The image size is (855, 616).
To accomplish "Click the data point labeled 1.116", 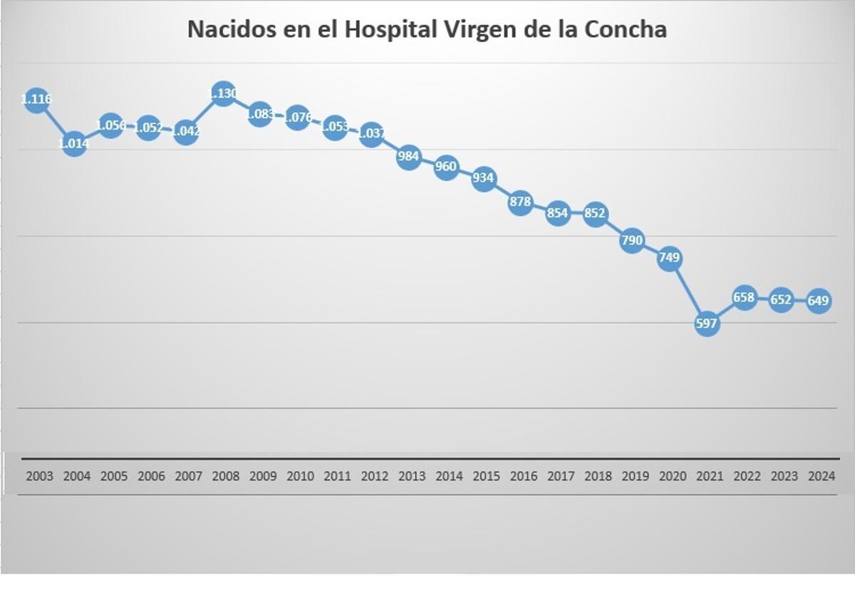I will [x=36, y=100].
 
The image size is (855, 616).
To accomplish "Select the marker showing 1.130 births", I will [x=223, y=93].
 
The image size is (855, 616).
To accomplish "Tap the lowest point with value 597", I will [x=707, y=324].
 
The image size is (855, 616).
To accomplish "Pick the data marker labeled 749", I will [x=670, y=258].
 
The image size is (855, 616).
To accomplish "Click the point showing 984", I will [x=409, y=156].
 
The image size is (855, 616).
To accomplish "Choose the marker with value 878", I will [x=521, y=202].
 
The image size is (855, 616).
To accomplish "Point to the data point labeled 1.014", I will [x=74, y=144].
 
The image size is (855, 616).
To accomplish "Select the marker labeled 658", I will [x=744, y=297].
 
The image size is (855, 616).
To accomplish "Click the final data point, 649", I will [x=818, y=301].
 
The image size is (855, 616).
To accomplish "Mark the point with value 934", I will [x=484, y=178].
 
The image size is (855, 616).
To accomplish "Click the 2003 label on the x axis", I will [x=39, y=476].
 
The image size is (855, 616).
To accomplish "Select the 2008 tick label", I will [x=225, y=476].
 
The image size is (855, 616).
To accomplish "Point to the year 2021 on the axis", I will [x=710, y=476].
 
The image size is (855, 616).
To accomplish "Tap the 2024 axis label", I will [x=822, y=476].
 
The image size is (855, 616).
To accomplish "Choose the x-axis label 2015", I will [x=486, y=476].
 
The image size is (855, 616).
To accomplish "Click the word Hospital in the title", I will [x=388, y=29].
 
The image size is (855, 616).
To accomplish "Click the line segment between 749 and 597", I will [x=688, y=291].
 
